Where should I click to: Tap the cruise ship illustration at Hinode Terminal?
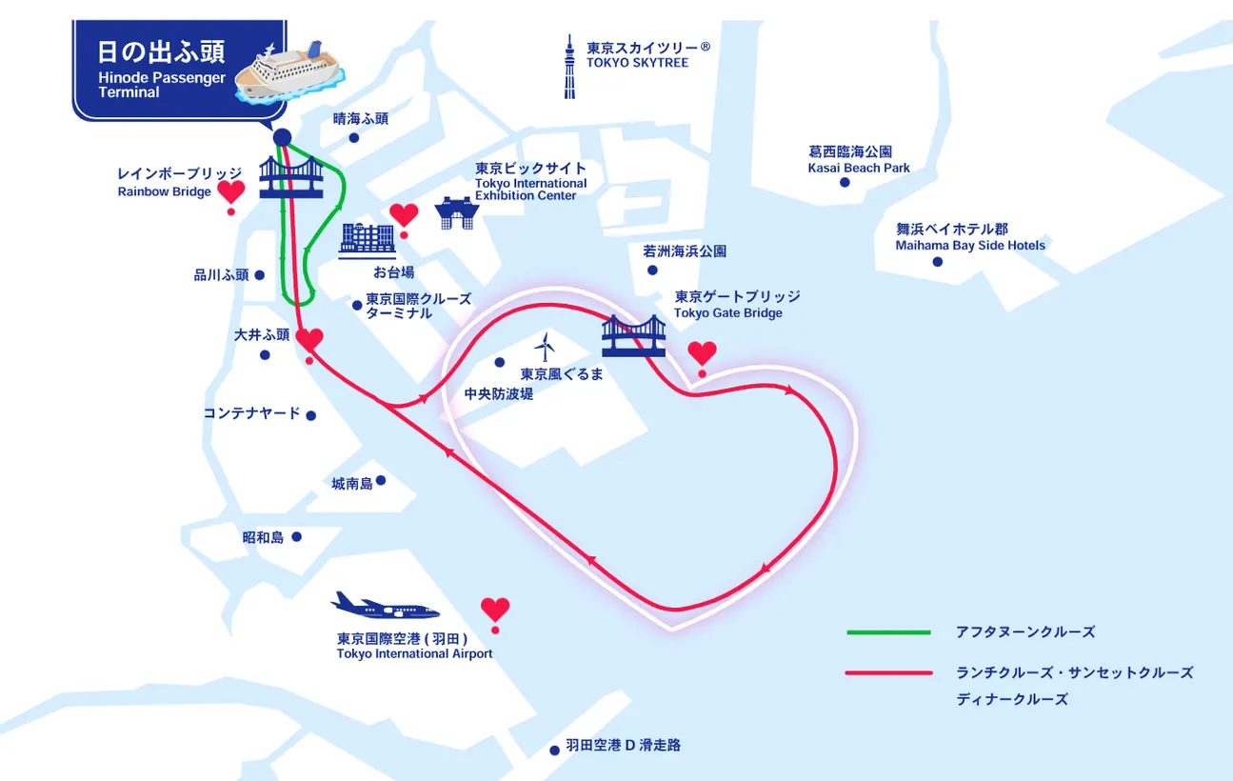(288, 69)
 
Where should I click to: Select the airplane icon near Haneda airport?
(385, 607)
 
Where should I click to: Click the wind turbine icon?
(544, 347)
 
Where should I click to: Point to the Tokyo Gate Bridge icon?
(633, 335)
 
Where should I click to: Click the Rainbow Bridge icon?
(291, 178)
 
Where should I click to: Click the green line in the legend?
(887, 632)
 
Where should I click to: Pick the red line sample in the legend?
(887, 673)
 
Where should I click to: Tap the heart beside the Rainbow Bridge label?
(230, 192)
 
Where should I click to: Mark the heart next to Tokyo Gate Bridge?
(702, 353)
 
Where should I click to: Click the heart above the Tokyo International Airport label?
(495, 609)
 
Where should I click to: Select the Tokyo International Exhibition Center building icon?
(454, 213)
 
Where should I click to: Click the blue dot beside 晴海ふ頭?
(353, 138)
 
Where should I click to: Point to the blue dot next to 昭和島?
(296, 537)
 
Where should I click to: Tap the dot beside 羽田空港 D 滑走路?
(554, 750)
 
